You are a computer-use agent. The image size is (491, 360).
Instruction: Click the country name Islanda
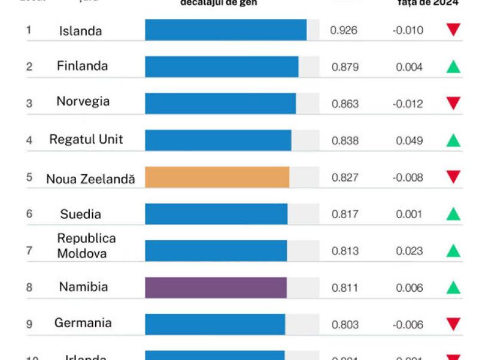80,31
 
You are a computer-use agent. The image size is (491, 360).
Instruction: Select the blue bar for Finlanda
222,66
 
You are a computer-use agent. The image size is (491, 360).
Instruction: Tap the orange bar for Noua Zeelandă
217,177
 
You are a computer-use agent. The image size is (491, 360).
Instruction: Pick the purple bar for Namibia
216,288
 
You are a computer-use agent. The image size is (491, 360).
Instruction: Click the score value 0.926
344,30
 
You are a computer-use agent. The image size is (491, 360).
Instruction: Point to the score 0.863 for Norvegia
345,104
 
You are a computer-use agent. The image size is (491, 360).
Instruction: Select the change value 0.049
409,141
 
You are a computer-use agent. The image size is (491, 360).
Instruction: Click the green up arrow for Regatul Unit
453,141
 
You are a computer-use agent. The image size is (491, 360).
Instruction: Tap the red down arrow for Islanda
453,30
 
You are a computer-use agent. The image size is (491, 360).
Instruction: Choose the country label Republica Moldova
86,246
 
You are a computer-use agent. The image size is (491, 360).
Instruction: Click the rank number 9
29,324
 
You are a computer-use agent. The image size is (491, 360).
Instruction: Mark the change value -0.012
408,104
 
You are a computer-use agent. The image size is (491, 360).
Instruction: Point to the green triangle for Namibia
453,288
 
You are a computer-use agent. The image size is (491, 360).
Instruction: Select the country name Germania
83,323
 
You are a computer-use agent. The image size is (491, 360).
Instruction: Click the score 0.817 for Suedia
345,214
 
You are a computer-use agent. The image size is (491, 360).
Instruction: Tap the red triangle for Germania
453,325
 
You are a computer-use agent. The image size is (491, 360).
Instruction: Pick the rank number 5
29,177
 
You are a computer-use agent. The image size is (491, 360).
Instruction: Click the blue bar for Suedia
216,214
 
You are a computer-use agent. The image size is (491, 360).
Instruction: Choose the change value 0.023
409,251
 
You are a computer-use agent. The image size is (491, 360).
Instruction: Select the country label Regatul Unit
86,140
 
